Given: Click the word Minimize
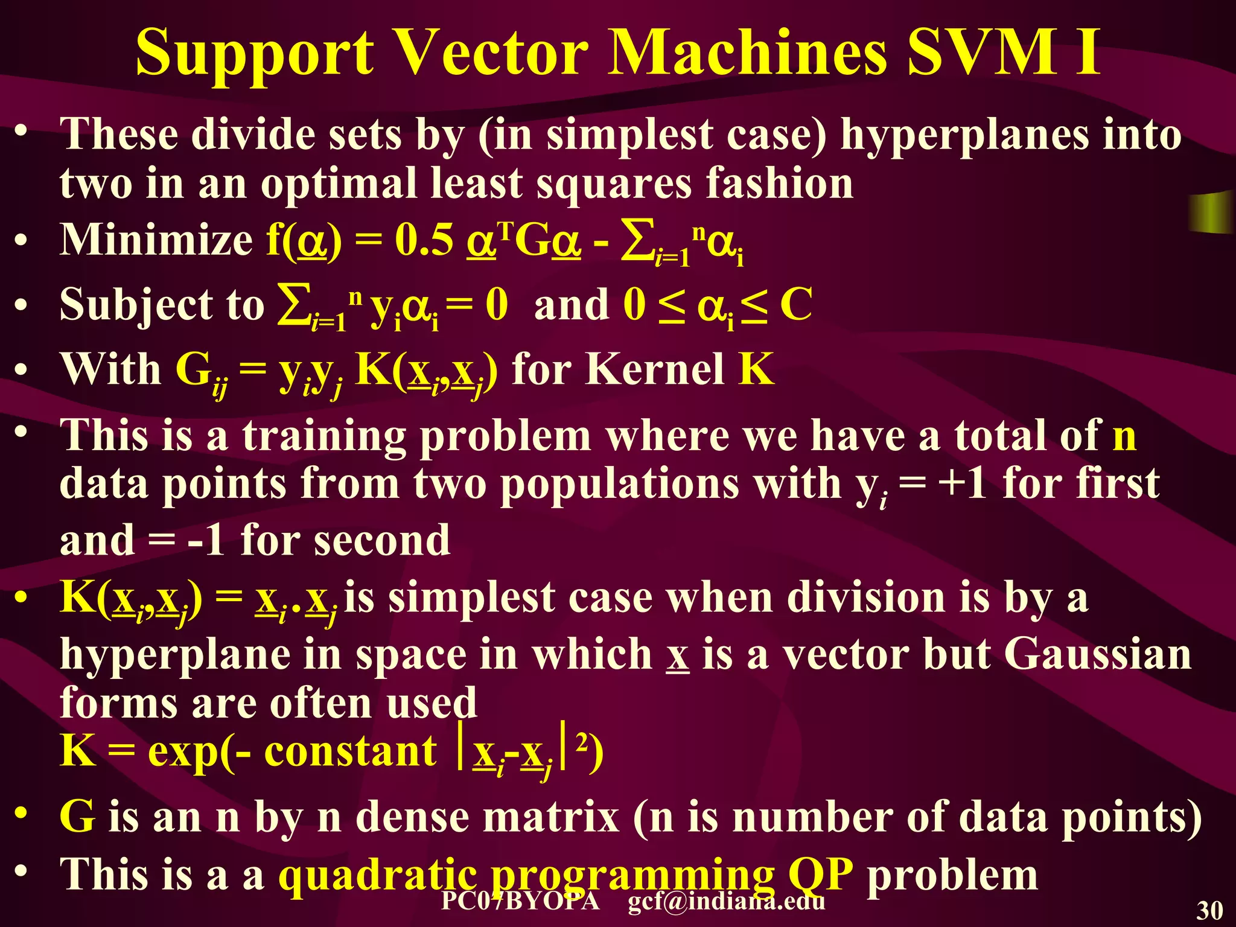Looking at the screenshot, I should point(156,240).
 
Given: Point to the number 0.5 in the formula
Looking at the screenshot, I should point(424,240).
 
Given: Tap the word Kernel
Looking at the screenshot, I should point(655,369).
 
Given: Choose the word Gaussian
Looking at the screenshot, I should point(1098,655).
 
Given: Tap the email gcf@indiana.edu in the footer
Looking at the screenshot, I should point(726,902).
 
